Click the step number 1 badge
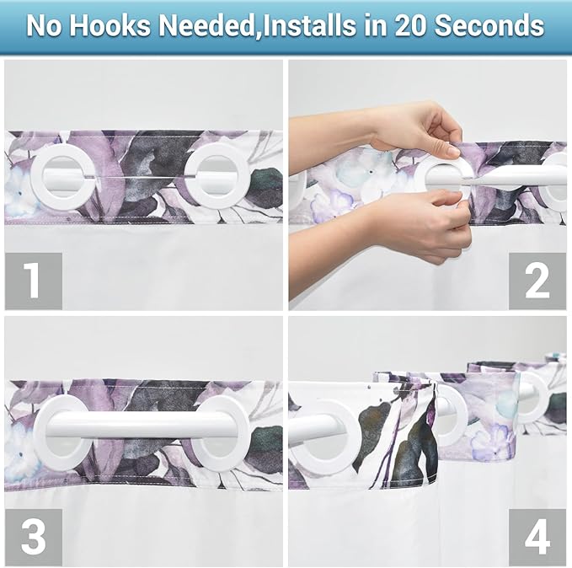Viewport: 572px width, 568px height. (x=33, y=281)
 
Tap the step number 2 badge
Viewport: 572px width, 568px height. (x=537, y=281)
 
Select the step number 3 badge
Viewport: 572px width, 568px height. (x=33, y=537)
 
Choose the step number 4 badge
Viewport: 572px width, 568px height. (x=537, y=537)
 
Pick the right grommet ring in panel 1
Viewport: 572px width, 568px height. (x=216, y=175)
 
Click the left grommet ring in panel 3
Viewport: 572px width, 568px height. (x=60, y=433)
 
